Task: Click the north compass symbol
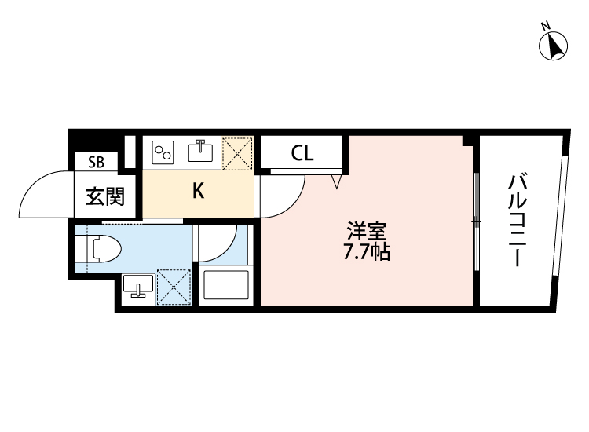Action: (553, 46)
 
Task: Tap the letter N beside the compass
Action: (546, 26)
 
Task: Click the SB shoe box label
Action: (96, 162)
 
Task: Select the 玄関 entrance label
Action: (105, 196)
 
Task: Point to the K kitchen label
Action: (199, 191)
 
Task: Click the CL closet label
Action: (302, 153)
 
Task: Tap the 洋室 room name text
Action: (367, 231)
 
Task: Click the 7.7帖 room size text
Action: (367, 251)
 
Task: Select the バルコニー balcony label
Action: (518, 220)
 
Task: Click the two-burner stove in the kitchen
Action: (163, 152)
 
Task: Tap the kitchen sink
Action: (200, 151)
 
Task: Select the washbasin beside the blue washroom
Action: (138, 286)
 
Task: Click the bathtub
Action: (225, 285)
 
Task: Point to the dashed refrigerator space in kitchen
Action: (237, 153)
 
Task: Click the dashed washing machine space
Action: (174, 287)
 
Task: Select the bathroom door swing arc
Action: (228, 251)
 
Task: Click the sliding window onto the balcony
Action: (476, 221)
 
